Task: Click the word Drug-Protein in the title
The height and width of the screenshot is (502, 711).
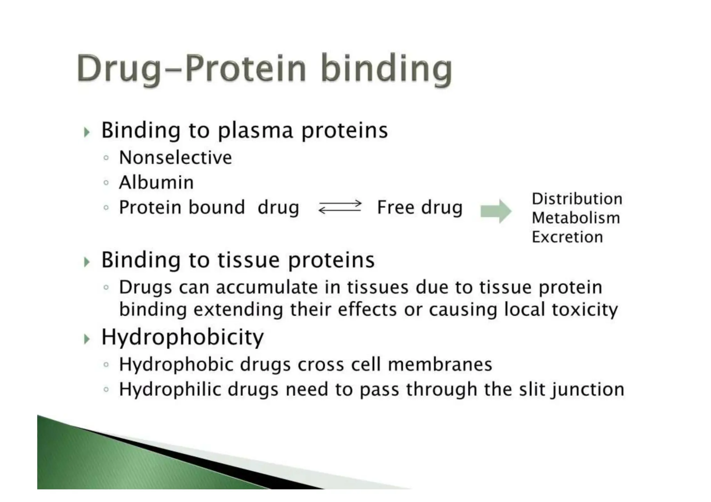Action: [191, 68]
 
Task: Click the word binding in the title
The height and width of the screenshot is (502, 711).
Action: [386, 68]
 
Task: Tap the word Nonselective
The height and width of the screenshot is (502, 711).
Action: [175, 158]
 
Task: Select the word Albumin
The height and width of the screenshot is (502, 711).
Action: [156, 182]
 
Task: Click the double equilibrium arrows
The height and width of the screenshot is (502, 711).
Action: [340, 207]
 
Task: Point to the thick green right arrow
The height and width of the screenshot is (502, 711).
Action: [495, 211]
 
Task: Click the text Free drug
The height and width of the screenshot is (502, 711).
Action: [420, 207]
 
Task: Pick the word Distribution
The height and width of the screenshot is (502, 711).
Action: [577, 199]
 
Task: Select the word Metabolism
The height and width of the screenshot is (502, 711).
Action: [576, 218]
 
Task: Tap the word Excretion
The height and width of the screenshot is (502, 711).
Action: [567, 237]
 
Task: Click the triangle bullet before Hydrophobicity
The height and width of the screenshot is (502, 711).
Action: [87, 339]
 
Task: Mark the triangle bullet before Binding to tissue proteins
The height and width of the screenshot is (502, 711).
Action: [87, 262]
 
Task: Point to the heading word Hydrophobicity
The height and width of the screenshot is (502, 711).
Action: [182, 337]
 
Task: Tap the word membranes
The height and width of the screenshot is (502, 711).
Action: [440, 365]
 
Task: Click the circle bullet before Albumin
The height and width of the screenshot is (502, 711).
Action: [106, 183]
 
